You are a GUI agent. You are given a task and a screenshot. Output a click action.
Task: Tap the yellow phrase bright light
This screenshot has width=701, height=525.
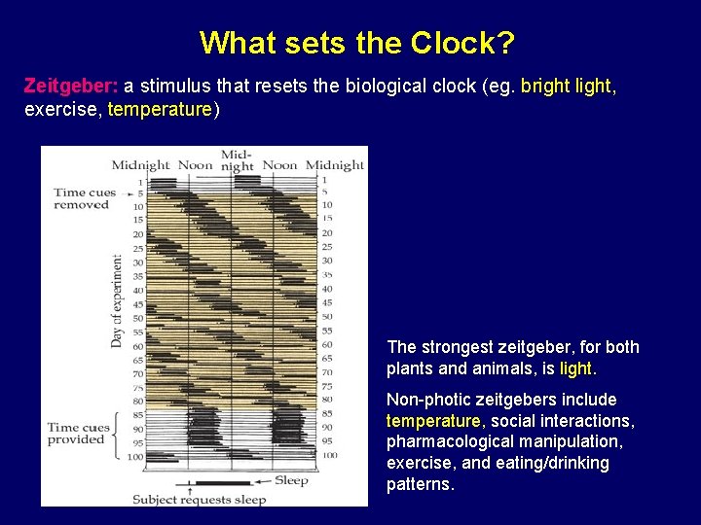tap(566, 86)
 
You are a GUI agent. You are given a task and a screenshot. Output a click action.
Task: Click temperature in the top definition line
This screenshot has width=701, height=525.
tap(160, 109)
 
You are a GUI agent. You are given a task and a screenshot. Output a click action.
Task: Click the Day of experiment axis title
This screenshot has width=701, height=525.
tap(117, 301)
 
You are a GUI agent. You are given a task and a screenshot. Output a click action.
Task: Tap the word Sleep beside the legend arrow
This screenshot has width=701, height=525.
tap(291, 480)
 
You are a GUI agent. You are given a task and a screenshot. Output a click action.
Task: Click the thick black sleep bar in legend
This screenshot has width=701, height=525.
tap(223, 483)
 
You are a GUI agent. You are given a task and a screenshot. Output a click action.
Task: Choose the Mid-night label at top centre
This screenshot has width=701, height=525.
tap(237, 160)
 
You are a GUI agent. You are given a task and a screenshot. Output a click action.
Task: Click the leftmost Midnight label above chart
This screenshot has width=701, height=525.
tap(141, 165)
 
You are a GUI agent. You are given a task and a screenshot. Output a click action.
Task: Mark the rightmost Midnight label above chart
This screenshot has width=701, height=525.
tap(334, 165)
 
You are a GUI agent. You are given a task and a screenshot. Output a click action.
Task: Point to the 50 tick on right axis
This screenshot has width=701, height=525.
tap(326, 317)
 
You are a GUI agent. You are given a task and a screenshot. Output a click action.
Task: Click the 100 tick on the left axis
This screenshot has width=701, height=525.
tap(134, 457)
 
